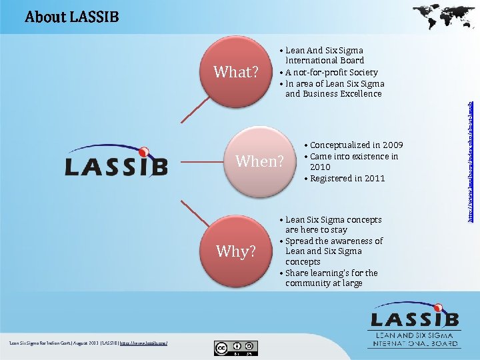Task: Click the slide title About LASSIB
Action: point(71,17)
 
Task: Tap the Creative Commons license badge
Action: point(235,347)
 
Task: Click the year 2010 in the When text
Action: point(320,167)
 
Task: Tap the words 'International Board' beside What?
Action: point(325,61)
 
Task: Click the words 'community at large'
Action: point(323,283)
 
